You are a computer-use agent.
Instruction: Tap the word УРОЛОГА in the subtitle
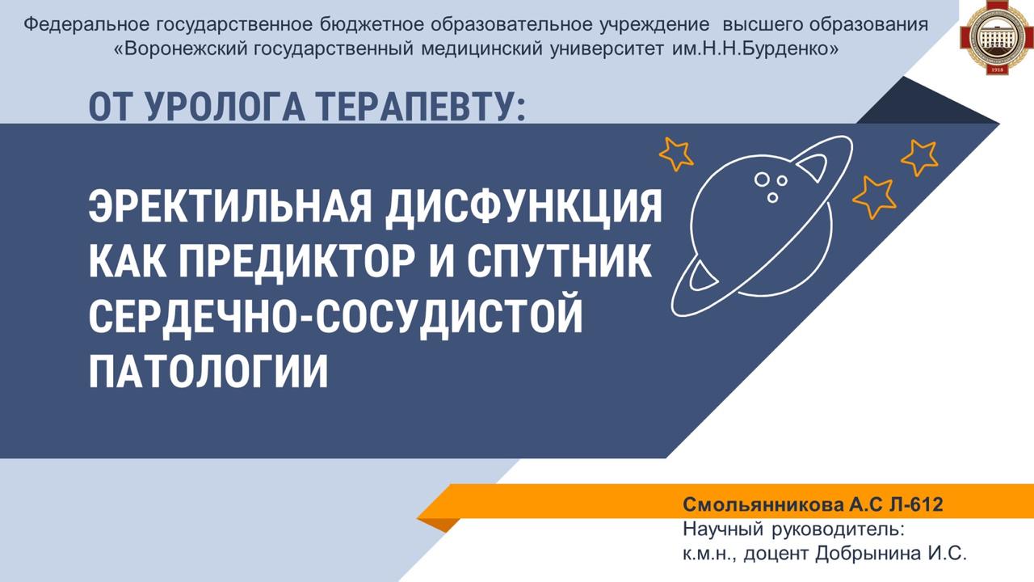point(225,108)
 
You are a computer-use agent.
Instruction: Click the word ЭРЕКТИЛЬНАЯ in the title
point(230,207)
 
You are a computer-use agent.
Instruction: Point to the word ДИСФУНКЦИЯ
point(524,209)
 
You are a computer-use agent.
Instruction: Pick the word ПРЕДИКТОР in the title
point(296,263)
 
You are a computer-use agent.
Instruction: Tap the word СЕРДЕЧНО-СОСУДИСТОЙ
point(335,317)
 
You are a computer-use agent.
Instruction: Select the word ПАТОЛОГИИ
point(208,370)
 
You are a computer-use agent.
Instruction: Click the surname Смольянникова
point(763,504)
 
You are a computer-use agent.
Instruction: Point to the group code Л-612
point(916,504)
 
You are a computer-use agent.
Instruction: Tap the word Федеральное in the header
point(86,24)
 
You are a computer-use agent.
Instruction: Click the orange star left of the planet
point(676,154)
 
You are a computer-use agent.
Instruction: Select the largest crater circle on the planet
point(762,179)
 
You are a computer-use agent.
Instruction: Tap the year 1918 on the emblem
point(997,70)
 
